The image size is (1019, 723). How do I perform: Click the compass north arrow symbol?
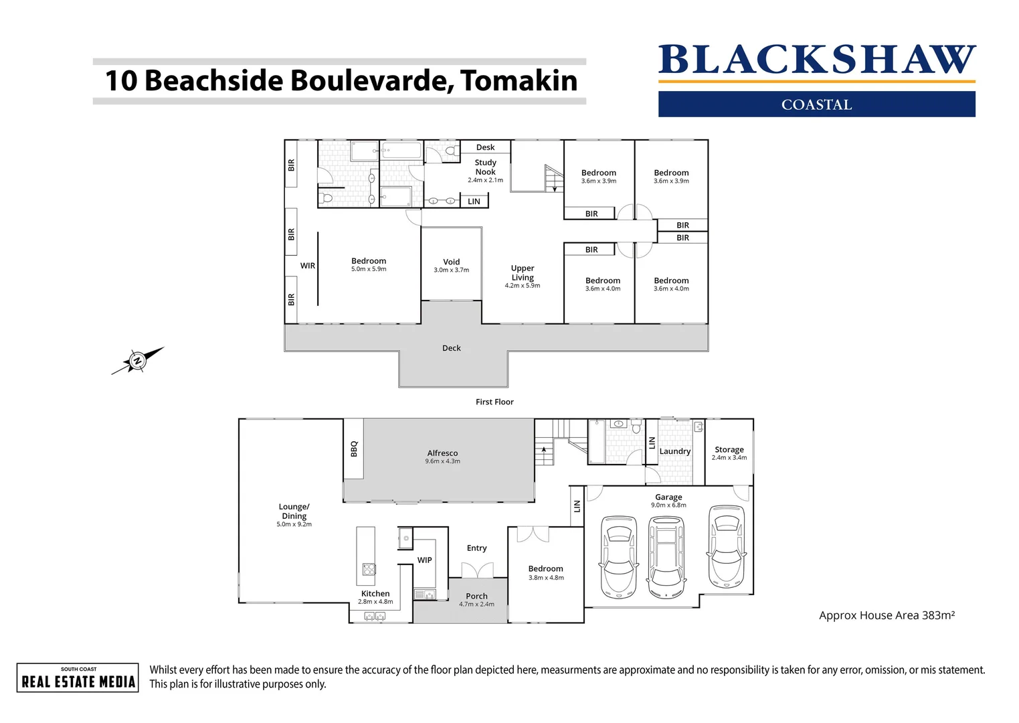pos(137,361)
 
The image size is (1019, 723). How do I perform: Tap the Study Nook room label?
pos(485,167)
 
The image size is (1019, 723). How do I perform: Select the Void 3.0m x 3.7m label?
pos(451,265)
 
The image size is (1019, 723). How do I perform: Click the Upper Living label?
pos(523,273)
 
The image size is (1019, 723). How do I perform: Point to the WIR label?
pos(307,266)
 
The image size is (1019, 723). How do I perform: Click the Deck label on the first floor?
pos(451,348)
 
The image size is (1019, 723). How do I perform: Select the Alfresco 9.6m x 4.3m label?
pos(442,457)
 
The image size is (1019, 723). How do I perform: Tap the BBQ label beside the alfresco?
pos(354,449)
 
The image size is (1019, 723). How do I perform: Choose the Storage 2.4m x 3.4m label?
pos(729,453)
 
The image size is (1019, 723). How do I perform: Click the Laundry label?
pos(674,451)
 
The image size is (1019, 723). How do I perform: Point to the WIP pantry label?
pos(424,560)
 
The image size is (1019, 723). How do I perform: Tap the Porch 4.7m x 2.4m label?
pos(476,599)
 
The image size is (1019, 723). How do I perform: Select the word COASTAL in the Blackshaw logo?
pos(816,104)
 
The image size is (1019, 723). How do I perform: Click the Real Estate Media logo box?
pos(78,677)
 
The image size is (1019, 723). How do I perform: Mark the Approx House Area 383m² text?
pos(887,615)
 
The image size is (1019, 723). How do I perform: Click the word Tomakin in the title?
pos(519,81)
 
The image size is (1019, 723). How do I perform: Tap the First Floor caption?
pos(494,402)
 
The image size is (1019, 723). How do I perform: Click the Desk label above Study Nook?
pos(485,147)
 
